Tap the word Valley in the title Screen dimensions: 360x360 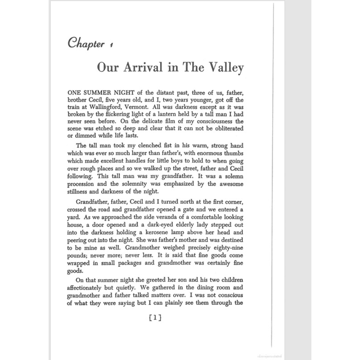click(x=222, y=69)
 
